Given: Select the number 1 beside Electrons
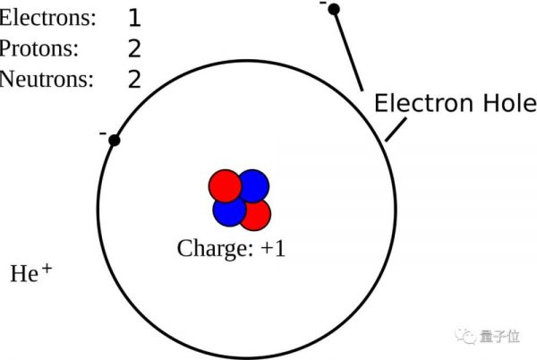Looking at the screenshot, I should [x=134, y=18].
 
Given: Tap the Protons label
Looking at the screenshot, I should [x=39, y=48].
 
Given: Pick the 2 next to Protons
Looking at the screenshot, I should [x=134, y=48].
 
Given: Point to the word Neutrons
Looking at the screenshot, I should [x=47, y=79].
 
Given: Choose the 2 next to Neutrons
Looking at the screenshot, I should [x=134, y=79].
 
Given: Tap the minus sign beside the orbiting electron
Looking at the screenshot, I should [x=103, y=134].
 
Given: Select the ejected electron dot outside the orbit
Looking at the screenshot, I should [x=334, y=10].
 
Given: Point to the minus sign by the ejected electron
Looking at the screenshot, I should [x=322, y=4].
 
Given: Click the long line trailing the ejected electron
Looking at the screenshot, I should [x=348, y=49].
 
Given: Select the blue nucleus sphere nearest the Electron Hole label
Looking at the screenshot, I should [x=253, y=184].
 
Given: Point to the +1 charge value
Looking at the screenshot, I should [x=272, y=248].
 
